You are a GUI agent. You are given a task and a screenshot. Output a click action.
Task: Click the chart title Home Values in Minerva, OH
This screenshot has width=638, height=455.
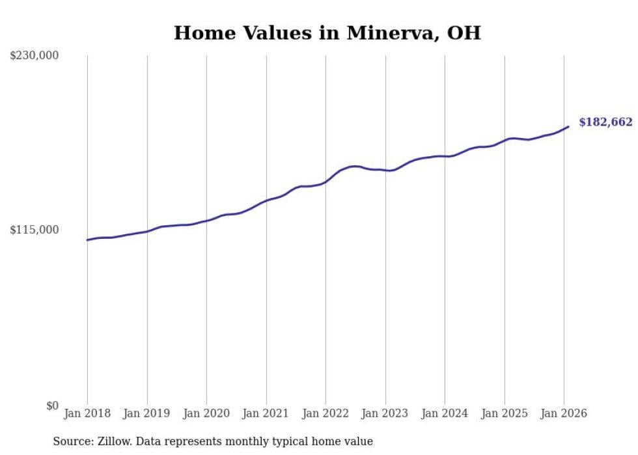[x=327, y=33]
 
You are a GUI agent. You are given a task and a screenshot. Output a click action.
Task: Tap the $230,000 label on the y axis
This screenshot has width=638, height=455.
[x=35, y=56]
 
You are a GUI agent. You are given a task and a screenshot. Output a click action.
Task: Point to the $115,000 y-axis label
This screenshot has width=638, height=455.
[x=35, y=230]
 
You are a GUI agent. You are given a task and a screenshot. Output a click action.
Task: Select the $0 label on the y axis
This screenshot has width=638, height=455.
[x=52, y=406]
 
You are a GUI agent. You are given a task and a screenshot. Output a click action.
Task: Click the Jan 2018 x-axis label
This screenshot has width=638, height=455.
[x=87, y=413]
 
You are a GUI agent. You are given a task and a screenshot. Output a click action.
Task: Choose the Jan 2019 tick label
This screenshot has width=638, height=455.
[x=146, y=413]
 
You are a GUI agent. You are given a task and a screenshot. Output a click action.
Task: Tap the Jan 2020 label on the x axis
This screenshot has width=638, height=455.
[x=206, y=413]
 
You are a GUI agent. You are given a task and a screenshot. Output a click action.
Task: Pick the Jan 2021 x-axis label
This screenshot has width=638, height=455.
[x=266, y=413]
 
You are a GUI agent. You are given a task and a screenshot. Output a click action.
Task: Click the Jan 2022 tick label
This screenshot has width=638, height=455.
[x=326, y=413]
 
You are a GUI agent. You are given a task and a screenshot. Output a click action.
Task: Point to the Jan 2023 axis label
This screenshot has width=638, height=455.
[x=385, y=413]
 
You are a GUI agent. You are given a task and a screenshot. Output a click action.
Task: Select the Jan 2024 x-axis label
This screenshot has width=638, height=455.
[x=445, y=413]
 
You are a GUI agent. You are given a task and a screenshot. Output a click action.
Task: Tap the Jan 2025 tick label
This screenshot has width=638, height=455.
[x=504, y=413]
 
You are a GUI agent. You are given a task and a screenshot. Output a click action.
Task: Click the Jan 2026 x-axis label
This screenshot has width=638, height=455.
[x=564, y=413]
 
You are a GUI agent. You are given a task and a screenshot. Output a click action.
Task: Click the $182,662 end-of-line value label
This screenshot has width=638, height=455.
[x=605, y=122]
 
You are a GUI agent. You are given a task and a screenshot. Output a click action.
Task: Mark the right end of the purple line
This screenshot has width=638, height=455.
[x=568, y=127]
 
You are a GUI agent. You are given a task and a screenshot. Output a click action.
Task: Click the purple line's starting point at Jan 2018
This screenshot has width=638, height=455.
[x=87, y=240]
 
